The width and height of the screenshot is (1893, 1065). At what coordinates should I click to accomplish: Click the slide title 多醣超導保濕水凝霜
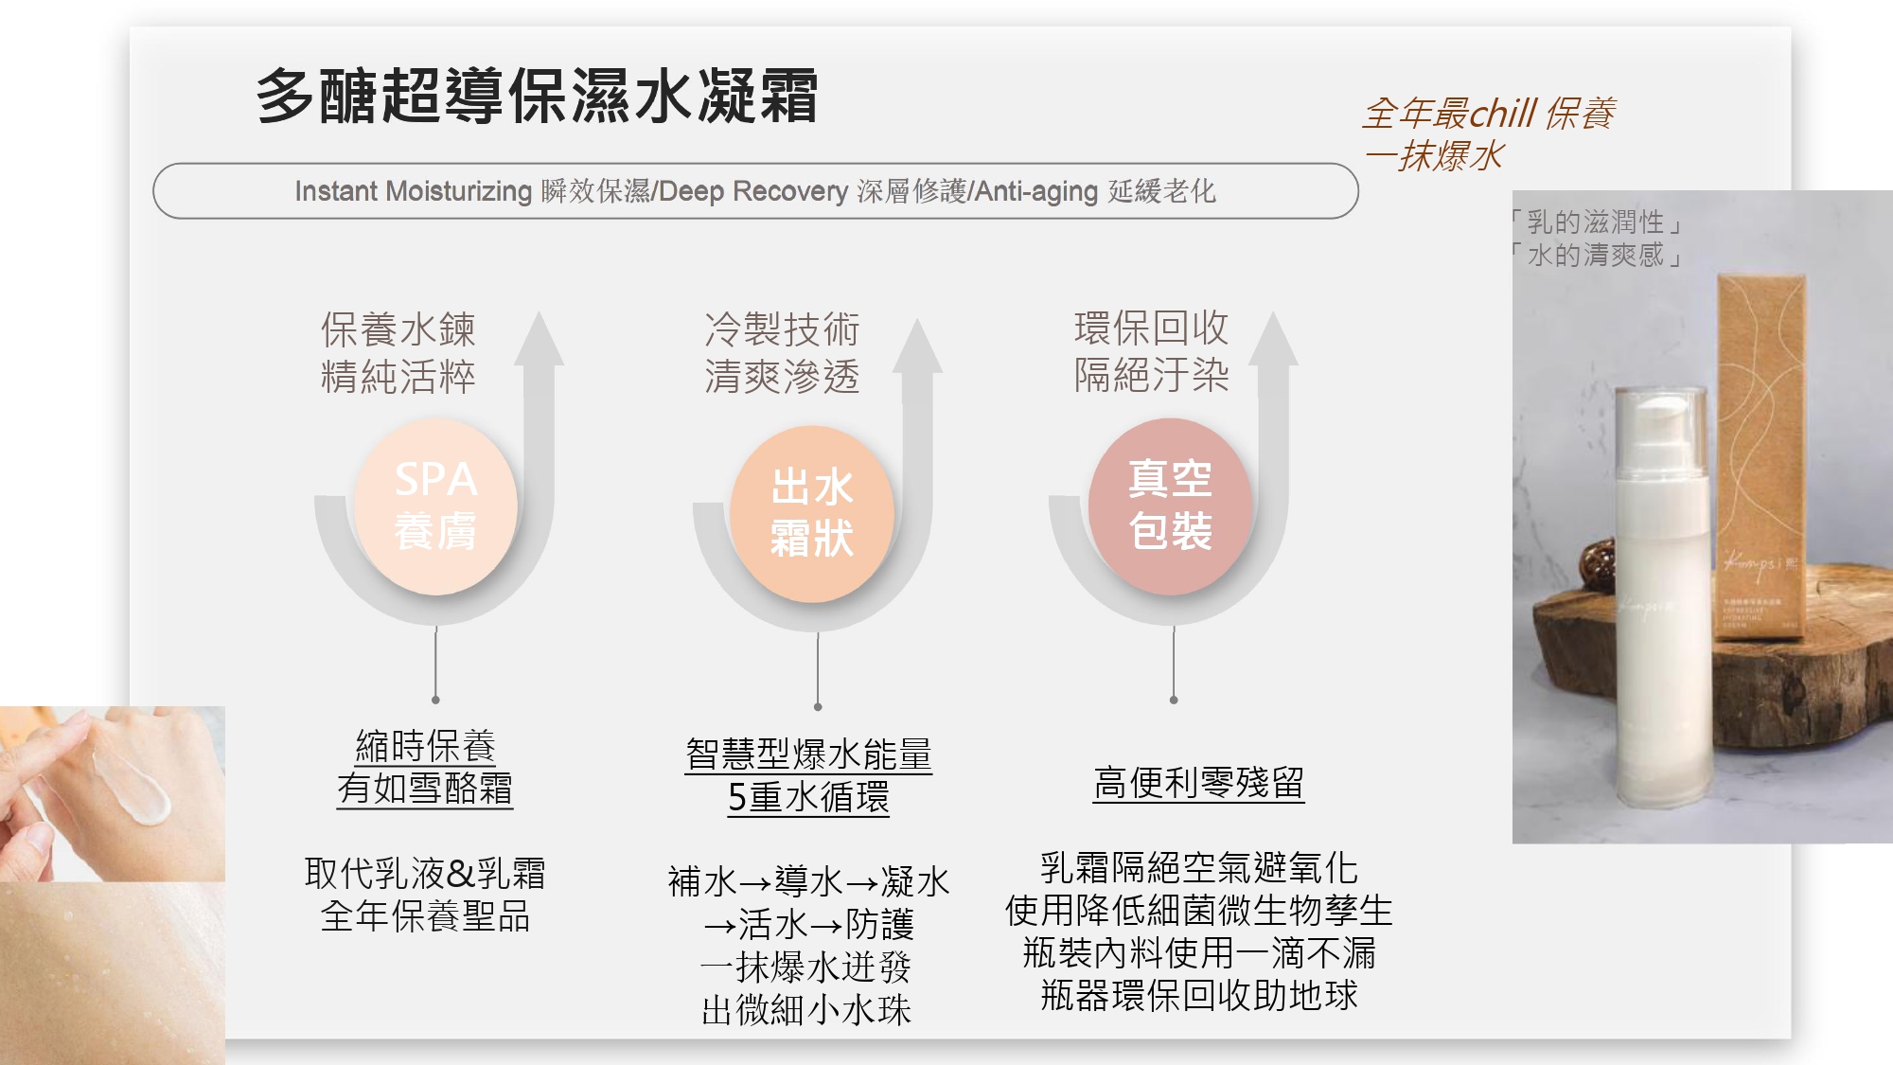pyautogui.click(x=537, y=96)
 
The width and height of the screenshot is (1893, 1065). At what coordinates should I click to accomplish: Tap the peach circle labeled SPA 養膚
pyautogui.click(x=435, y=507)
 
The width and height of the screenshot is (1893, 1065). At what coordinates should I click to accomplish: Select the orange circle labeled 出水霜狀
pyautogui.click(x=812, y=514)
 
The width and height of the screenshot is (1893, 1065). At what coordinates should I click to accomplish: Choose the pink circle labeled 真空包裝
pyautogui.click(x=1171, y=506)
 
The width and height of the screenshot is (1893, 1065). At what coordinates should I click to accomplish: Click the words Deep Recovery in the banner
pyautogui.click(x=753, y=191)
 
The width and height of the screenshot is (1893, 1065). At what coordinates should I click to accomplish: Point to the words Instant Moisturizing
pyautogui.click(x=414, y=191)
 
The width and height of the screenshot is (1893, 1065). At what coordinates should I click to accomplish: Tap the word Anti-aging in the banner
pyautogui.click(x=1036, y=191)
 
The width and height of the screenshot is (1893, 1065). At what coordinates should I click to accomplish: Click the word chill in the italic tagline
pyautogui.click(x=1504, y=114)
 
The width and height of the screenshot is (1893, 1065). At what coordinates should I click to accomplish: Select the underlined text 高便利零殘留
pyautogui.click(x=1198, y=783)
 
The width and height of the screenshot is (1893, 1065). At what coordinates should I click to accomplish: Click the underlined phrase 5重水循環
pyautogui.click(x=808, y=797)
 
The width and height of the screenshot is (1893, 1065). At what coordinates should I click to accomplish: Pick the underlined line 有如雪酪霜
pyautogui.click(x=425, y=789)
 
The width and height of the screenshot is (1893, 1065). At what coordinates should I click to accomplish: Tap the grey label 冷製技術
pyautogui.click(x=782, y=329)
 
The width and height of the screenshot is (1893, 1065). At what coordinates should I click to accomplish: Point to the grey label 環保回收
pyautogui.click(x=1151, y=328)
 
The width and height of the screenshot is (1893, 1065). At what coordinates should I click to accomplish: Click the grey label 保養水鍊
pyautogui.click(x=398, y=329)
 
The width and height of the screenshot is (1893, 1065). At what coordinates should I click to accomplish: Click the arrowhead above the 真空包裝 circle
pyautogui.click(x=1273, y=339)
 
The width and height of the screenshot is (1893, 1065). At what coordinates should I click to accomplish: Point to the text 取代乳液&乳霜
pyautogui.click(x=425, y=873)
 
